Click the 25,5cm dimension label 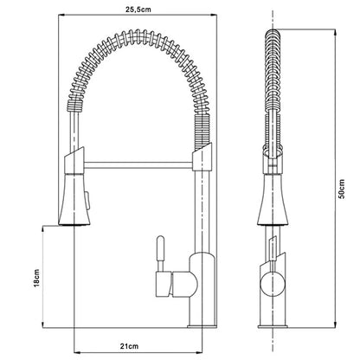coord(138,10)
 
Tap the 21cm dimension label coord(129,346)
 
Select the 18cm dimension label coord(36,278)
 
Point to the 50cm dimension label coord(342,189)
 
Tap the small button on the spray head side coord(88,199)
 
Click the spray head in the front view coord(74,199)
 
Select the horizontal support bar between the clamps coord(138,165)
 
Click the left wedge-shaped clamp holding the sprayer coord(74,161)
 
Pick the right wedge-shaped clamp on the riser coord(202,157)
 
